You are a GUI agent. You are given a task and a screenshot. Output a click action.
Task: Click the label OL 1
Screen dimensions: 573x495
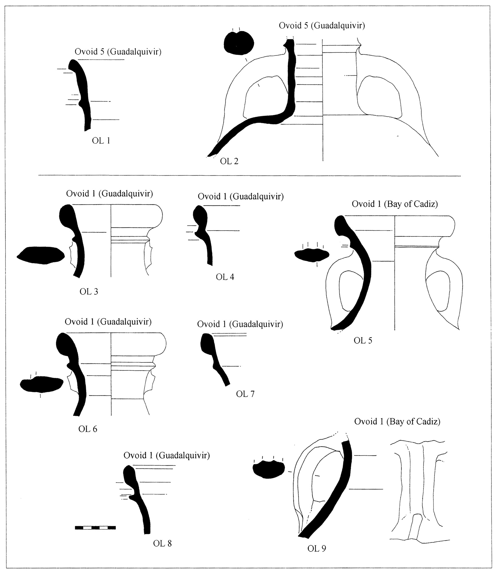[x=101, y=141]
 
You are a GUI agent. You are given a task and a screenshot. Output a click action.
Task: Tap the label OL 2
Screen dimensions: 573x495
[x=229, y=161]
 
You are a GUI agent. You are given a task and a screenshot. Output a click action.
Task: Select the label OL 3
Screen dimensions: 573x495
[x=89, y=291]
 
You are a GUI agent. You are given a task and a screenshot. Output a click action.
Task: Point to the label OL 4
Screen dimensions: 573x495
[x=225, y=277]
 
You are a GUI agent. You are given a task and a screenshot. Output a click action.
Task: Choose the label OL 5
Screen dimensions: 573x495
[x=363, y=340]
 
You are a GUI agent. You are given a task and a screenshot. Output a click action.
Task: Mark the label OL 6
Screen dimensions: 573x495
[x=88, y=429]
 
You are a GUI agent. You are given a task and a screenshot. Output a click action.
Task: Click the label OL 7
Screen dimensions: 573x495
[x=245, y=394]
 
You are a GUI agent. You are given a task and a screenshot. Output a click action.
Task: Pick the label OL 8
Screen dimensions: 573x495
[x=162, y=543]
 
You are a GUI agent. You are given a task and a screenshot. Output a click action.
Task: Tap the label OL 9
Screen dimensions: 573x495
[x=317, y=548]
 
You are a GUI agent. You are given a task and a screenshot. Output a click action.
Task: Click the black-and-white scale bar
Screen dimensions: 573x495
[x=95, y=527]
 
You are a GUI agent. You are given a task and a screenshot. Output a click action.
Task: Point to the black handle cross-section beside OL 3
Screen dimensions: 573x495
[x=40, y=255]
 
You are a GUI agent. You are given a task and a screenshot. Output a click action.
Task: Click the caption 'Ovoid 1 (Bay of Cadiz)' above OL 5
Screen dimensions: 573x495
[x=395, y=204]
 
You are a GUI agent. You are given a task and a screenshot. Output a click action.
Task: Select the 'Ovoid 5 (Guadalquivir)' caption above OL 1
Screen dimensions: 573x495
[x=118, y=52]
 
